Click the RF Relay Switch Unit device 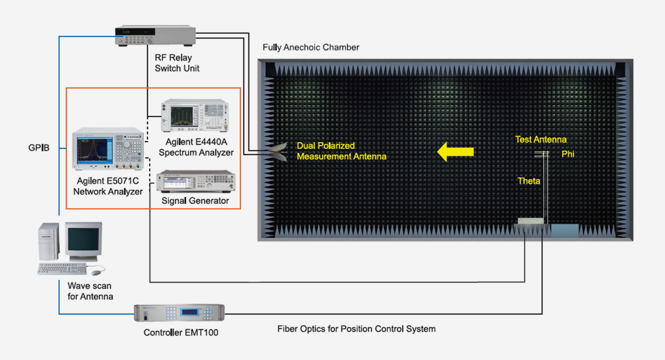(156, 36)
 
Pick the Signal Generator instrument (196, 181)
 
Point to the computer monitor (83, 241)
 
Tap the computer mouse (97, 272)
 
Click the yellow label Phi (567, 154)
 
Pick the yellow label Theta (529, 181)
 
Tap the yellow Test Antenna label (541, 140)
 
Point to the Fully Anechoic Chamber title (311, 48)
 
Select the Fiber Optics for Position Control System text (356, 329)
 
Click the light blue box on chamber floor (564, 230)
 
